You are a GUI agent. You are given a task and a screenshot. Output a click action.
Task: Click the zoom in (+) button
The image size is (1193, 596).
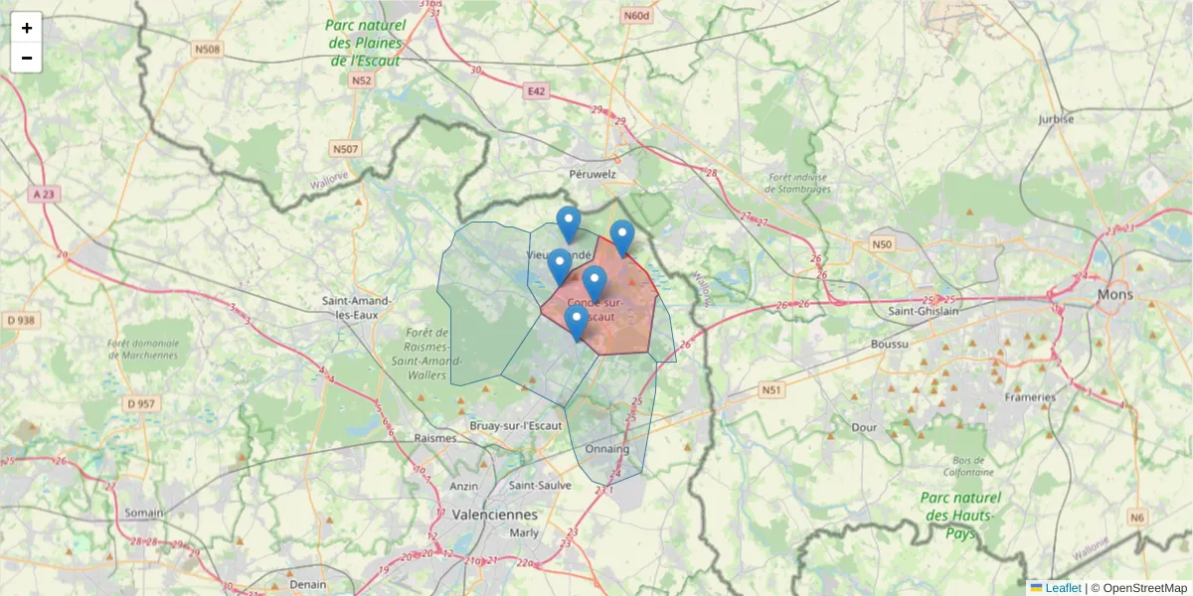coord(27,28)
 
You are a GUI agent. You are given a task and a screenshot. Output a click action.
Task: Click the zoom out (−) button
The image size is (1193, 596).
coord(27,58)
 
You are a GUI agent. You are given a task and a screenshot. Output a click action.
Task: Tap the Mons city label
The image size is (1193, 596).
coord(1114,295)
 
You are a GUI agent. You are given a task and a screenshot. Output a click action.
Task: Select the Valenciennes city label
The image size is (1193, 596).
coord(494,515)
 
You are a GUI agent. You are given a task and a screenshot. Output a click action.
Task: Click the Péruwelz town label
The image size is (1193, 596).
coord(594,174)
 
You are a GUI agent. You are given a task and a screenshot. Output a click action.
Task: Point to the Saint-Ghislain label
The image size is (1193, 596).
coord(925,311)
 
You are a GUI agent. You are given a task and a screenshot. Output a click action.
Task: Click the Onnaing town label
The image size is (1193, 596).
coord(607,449)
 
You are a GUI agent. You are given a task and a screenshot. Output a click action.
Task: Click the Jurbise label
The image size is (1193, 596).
coord(1056,118)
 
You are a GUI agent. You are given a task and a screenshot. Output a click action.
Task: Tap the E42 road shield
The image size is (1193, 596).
coord(537,91)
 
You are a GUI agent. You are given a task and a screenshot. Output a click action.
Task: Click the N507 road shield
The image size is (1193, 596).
coord(345,149)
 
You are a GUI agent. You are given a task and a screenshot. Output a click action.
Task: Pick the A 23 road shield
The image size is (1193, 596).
coord(44,195)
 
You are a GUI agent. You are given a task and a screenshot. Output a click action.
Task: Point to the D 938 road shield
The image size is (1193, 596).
coord(20,320)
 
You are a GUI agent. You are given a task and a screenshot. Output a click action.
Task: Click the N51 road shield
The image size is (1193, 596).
coord(770,390)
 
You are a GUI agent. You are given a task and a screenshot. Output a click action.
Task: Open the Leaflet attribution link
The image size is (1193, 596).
coord(1063,588)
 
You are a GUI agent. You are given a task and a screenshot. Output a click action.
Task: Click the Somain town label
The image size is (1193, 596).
coord(144,513)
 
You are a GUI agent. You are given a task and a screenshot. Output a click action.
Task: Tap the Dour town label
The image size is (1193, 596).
coord(864,427)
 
